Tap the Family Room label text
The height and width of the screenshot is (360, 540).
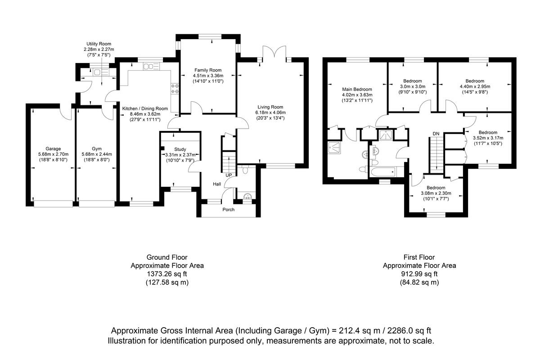click(208, 70)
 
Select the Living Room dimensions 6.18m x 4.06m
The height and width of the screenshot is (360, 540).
click(270, 112)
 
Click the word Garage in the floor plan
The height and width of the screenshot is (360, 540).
click(53, 148)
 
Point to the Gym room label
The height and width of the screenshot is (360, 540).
click(96, 148)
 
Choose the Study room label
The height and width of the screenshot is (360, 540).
click(180, 149)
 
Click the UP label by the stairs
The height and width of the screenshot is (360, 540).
click(229, 175)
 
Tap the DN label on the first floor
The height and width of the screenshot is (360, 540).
click(436, 134)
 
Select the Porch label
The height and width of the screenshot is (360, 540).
click(229, 209)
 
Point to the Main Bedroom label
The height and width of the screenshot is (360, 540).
click(357, 89)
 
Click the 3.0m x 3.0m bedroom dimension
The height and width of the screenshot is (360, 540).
click(413, 86)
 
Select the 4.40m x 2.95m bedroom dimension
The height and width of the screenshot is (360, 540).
click(475, 86)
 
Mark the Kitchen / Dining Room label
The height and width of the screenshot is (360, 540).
click(145, 108)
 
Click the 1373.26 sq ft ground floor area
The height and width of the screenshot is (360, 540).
click(167, 274)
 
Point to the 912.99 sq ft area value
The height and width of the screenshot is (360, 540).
click(419, 274)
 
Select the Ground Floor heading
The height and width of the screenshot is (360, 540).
click(167, 257)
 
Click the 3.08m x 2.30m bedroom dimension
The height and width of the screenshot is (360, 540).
click(436, 193)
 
